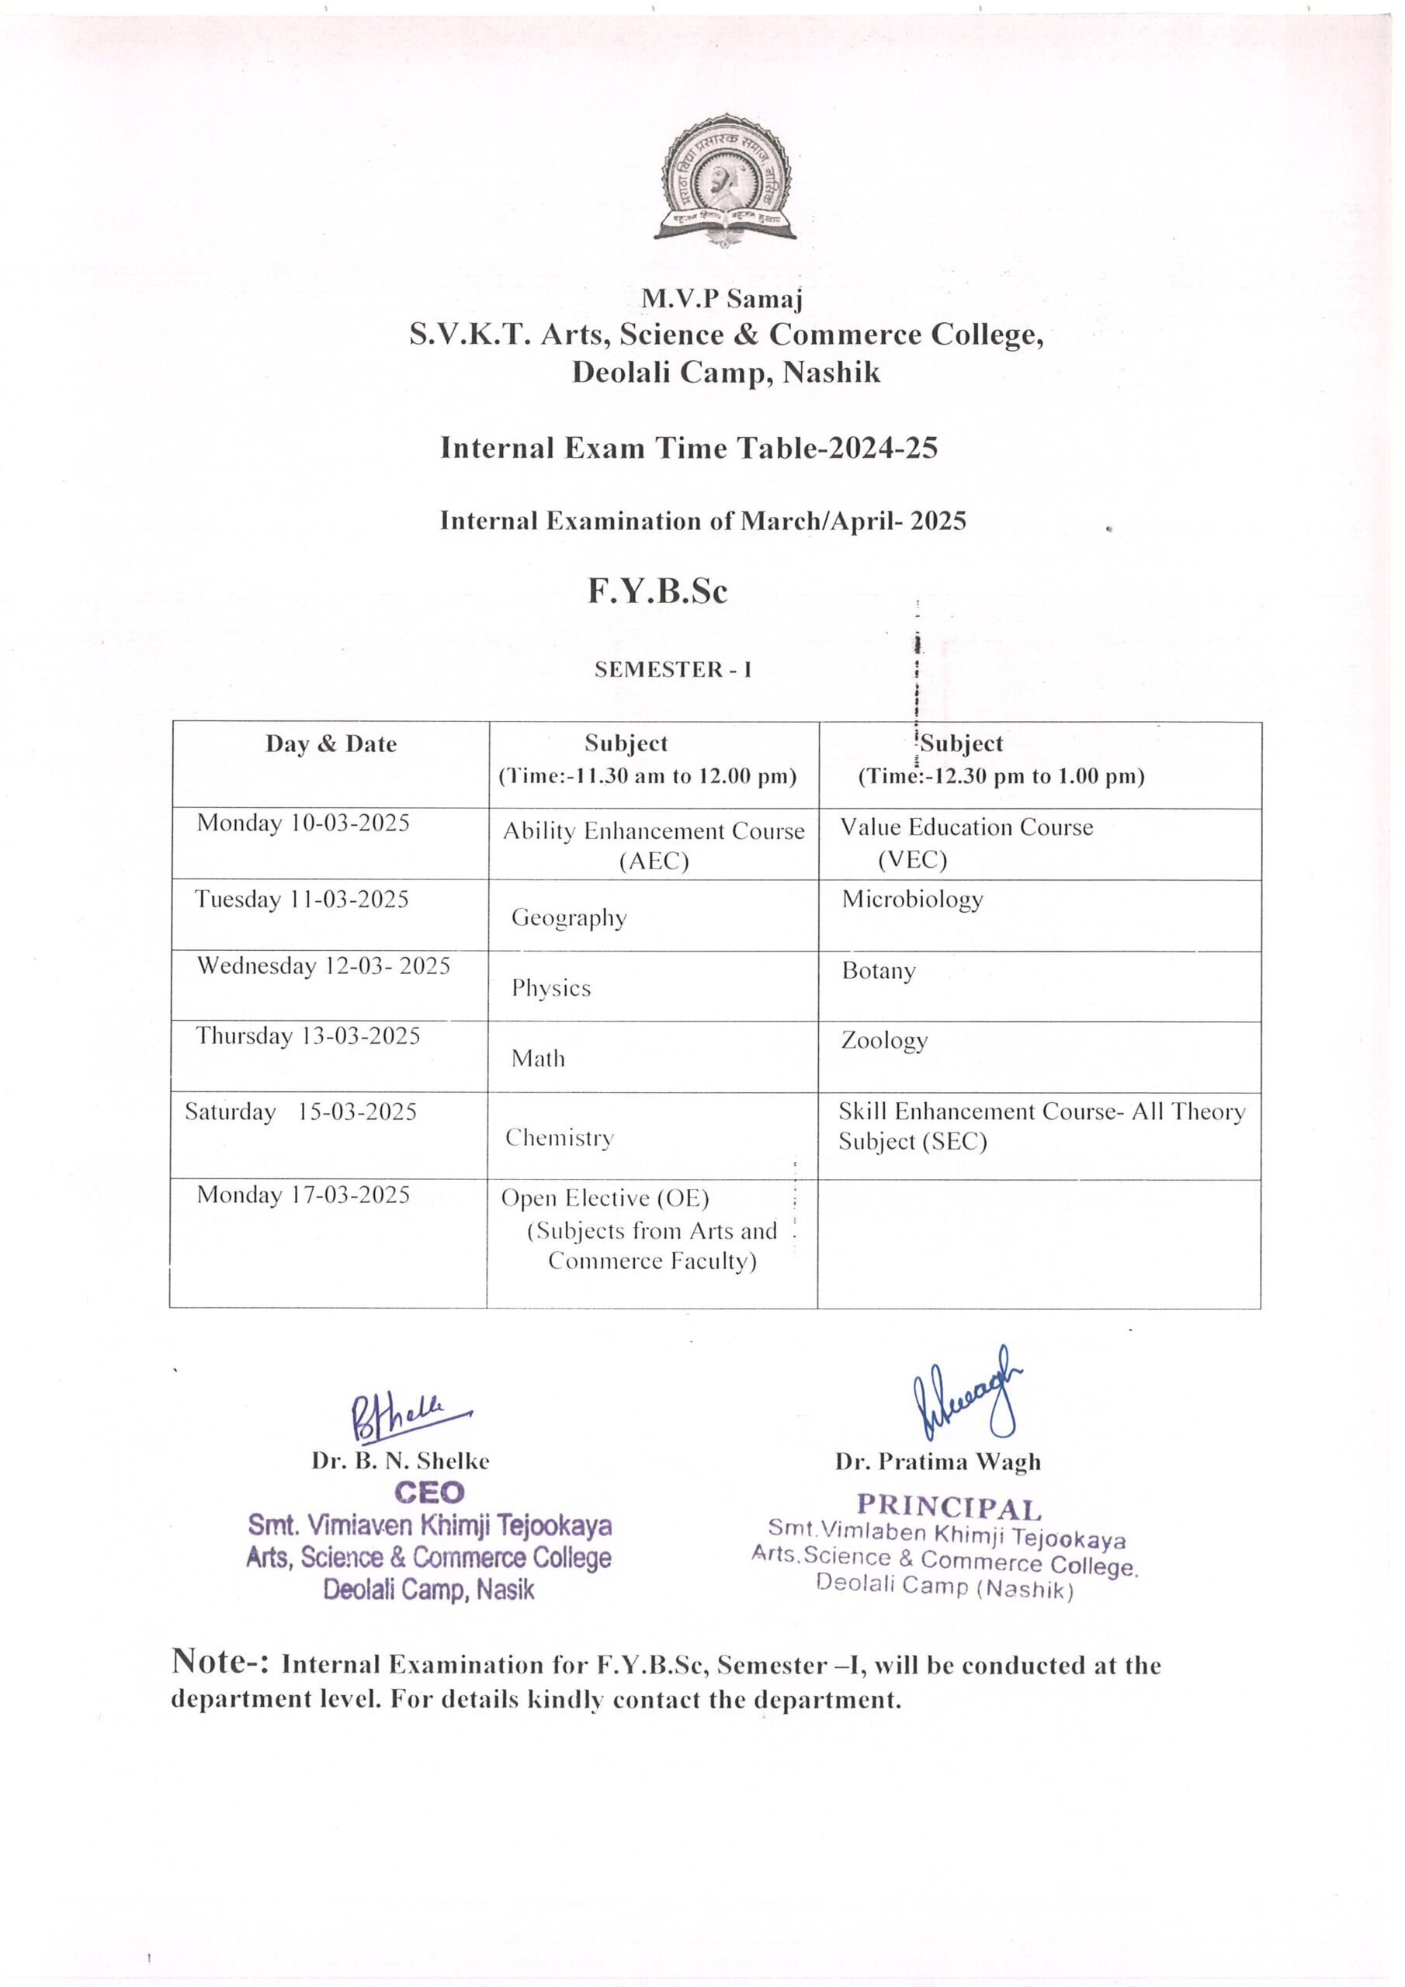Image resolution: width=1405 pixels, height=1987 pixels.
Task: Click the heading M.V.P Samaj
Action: pos(722,299)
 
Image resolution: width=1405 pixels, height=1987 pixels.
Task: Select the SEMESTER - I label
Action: pos(673,669)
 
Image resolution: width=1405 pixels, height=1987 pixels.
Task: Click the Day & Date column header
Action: pos(331,744)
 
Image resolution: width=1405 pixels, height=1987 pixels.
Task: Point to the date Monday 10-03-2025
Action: pos(303,822)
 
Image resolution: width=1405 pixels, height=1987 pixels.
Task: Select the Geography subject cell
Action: pos(569,917)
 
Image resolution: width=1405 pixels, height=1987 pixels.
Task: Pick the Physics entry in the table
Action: pos(550,988)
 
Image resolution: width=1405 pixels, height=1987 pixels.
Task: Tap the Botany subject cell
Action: pos(878,971)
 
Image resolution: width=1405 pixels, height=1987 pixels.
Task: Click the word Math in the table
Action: pos(538,1059)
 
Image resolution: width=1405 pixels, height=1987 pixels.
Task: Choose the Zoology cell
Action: pos(884,1040)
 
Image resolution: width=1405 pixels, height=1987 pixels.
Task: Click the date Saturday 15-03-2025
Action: pos(300,1112)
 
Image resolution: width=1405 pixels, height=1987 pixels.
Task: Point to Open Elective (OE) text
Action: pos(605,1198)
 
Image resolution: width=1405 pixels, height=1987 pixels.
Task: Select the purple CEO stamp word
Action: pos(429,1492)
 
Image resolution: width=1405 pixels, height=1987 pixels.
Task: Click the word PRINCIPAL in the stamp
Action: pos(949,1507)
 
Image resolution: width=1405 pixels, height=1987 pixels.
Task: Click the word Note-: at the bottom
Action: pos(220,1662)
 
